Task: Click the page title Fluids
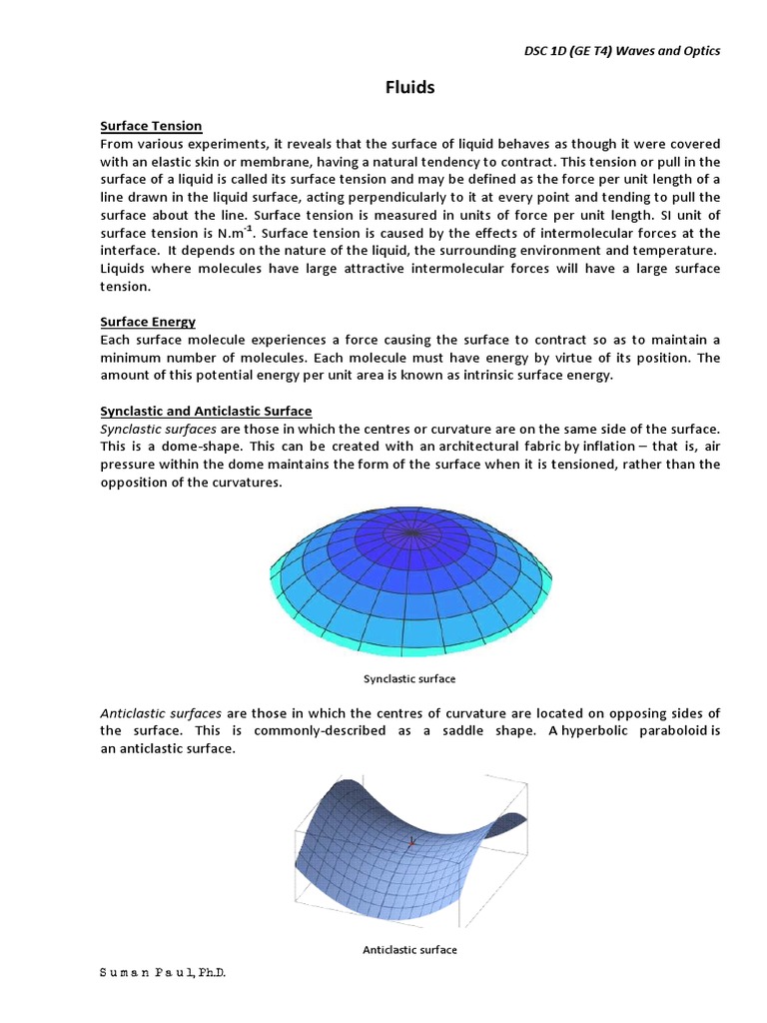[x=410, y=87]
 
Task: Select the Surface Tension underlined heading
[x=151, y=126]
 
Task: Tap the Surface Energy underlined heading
[x=148, y=322]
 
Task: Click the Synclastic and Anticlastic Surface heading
[x=206, y=412]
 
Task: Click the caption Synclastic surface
[x=409, y=679]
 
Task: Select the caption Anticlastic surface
[x=409, y=950]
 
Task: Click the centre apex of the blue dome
[x=411, y=532]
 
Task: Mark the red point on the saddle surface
[x=411, y=843]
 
